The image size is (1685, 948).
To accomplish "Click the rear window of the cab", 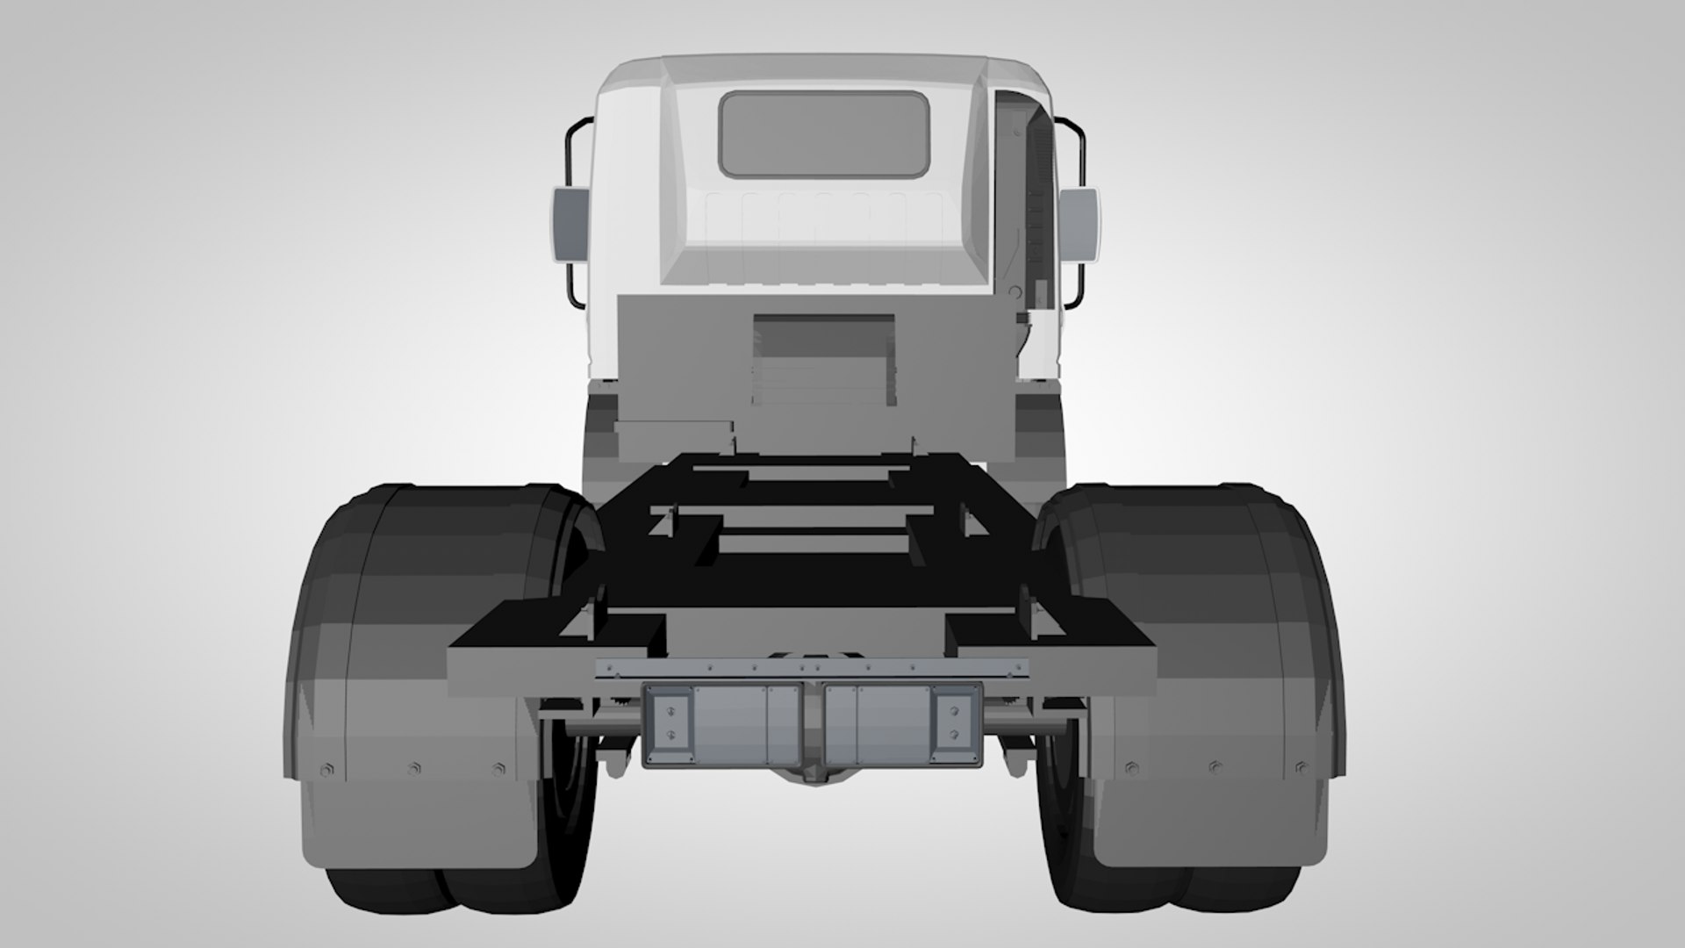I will click(x=823, y=134).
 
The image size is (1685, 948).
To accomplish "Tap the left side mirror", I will click(x=568, y=224).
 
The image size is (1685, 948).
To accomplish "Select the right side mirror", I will click(x=1080, y=224).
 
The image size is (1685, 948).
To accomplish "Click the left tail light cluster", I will click(x=722, y=725).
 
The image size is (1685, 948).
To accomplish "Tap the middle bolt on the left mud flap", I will click(x=413, y=769).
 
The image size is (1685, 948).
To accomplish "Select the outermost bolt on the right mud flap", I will click(x=1301, y=769).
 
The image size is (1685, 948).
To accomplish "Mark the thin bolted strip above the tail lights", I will click(x=813, y=670).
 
